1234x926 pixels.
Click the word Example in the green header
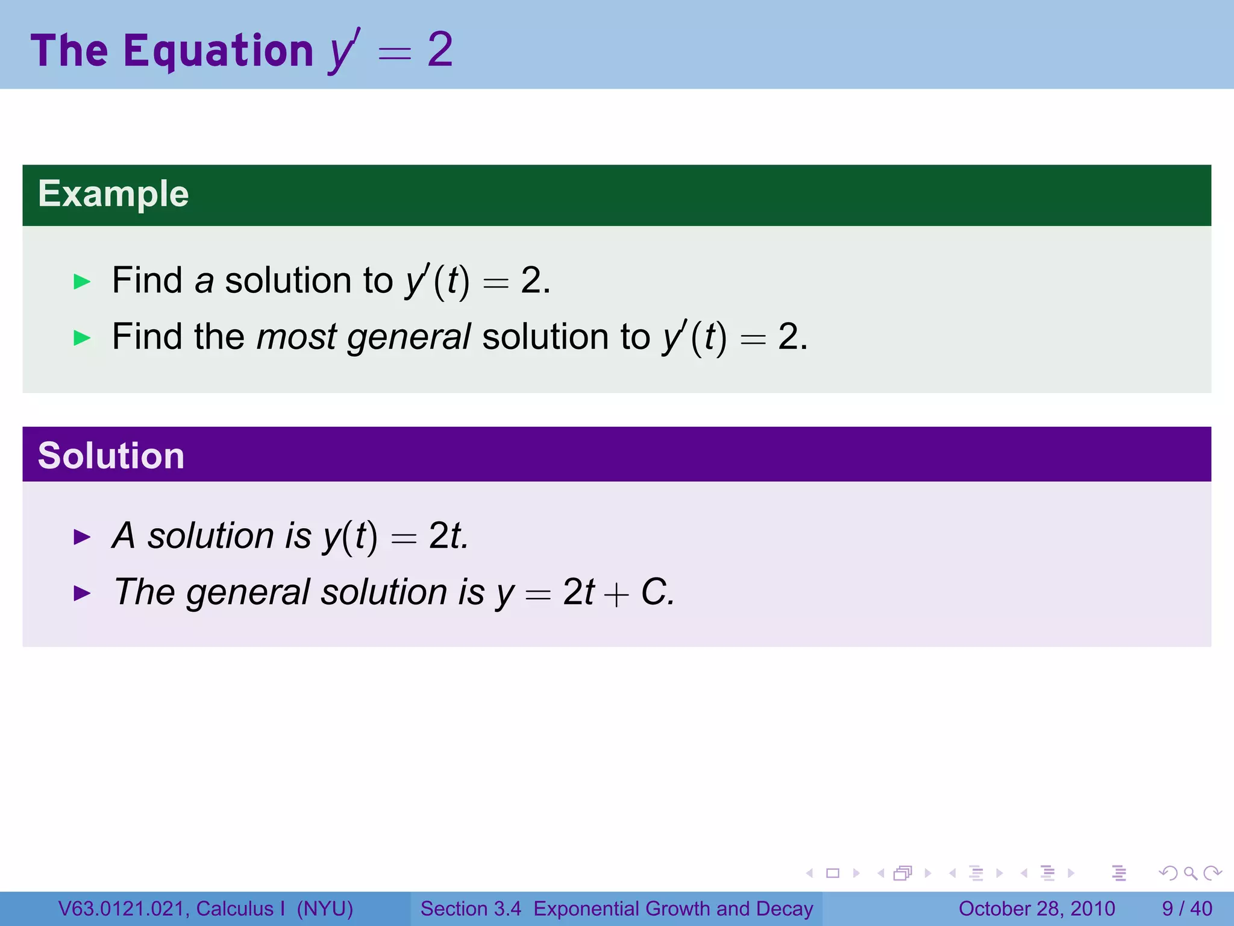113,194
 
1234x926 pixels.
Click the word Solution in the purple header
111,456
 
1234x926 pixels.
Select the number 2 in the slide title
440,49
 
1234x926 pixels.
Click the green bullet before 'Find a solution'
82,282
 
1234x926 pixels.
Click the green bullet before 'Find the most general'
82,338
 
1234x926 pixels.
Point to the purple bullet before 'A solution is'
82,537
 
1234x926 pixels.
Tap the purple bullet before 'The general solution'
82,593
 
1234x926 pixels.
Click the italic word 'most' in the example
296,336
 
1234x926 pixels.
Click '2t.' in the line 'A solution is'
448,535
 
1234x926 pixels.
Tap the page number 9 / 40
1187,909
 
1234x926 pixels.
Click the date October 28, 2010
1036,909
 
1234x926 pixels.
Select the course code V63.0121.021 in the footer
123,909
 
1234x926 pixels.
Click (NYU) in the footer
325,909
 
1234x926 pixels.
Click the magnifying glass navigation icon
1190,873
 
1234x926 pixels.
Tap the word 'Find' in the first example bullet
147,280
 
